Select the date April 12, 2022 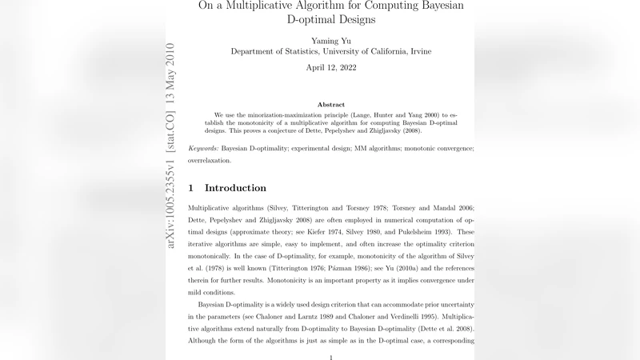click(x=331, y=67)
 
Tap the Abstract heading click(x=331, y=105)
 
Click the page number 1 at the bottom click(x=331, y=357)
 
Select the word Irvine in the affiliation click(x=418, y=51)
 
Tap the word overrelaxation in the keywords click(x=210, y=160)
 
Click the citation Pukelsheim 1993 click(x=410, y=232)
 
